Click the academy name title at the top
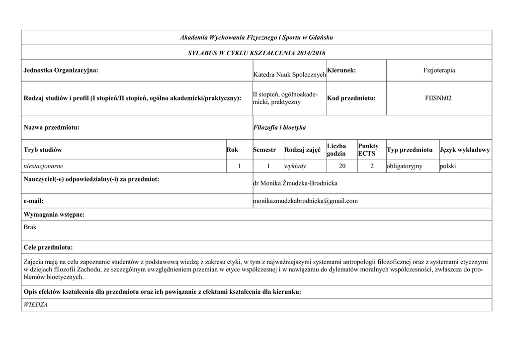tap(256, 38)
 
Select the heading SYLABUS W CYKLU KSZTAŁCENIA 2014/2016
tap(256, 53)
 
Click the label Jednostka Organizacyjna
tap(61, 71)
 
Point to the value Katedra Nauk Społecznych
tap(289, 75)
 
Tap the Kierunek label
tap(341, 71)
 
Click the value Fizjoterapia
tap(438, 71)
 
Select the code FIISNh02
tap(438, 98)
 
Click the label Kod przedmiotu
tap(351, 98)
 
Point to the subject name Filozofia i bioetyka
tap(279, 128)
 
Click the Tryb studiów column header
tap(43, 150)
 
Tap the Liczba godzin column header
tap(337, 150)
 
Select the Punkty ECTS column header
tap(368, 150)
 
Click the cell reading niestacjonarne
tap(44, 166)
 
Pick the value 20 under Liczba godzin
tap(342, 166)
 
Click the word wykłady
tap(295, 166)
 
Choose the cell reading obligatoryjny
tap(405, 166)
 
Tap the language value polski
tap(448, 166)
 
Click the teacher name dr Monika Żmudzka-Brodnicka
tap(295, 183)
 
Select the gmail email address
tap(305, 201)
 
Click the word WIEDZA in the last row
tap(36, 304)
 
